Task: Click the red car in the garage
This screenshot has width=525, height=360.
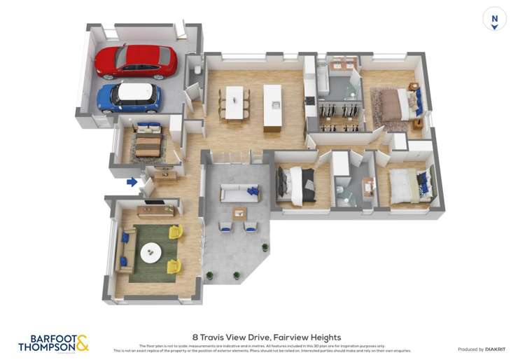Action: click(x=136, y=61)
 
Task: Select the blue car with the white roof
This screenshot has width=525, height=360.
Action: click(x=129, y=97)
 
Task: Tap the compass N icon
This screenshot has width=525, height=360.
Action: click(x=494, y=19)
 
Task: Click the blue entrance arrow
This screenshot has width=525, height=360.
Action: click(x=132, y=182)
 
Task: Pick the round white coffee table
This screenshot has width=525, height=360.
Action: click(x=150, y=253)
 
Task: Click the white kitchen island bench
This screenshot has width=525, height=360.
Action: click(x=272, y=106)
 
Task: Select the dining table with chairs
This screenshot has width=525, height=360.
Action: click(x=234, y=103)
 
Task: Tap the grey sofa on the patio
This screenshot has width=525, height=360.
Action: click(x=239, y=193)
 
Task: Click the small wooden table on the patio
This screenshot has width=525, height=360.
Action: click(x=239, y=213)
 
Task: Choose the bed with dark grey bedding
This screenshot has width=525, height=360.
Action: click(x=294, y=184)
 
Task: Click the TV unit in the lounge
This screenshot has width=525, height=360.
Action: click(x=155, y=209)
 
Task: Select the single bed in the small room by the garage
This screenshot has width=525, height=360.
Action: click(x=147, y=141)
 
